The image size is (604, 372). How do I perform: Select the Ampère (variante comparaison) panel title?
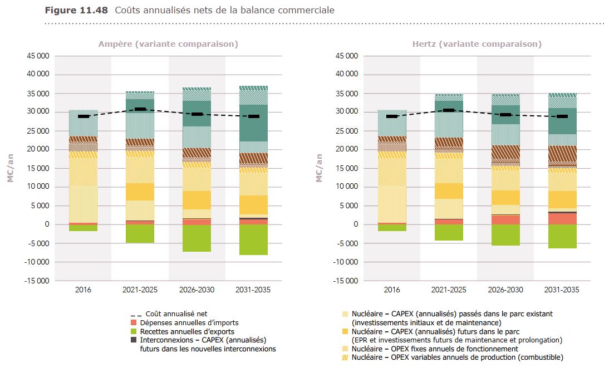[x=168, y=44]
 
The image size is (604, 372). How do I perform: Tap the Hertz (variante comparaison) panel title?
[x=477, y=44]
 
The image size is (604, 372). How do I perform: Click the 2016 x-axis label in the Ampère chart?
[x=84, y=290]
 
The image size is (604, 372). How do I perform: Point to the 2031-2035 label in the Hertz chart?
[x=562, y=290]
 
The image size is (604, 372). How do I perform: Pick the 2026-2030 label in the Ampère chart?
[x=197, y=290]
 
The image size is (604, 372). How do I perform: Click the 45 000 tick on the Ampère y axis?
[x=37, y=56]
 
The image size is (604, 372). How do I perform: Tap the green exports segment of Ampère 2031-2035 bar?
[x=254, y=239]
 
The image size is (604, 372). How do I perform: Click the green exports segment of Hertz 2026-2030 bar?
[x=505, y=234]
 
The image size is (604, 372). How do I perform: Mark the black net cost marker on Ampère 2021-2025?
[x=140, y=110]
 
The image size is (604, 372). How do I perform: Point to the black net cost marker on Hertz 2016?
[x=392, y=116]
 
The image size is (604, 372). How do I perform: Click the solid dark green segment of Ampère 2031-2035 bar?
[x=254, y=123]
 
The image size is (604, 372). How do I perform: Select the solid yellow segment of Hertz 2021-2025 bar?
[x=449, y=190]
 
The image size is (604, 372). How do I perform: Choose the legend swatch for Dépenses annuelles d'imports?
[x=134, y=323]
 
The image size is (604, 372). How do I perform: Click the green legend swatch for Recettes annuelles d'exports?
[x=134, y=331]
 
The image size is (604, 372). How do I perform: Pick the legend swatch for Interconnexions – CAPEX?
[x=134, y=340]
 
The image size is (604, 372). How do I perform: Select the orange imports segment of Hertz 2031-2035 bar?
[x=562, y=218]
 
